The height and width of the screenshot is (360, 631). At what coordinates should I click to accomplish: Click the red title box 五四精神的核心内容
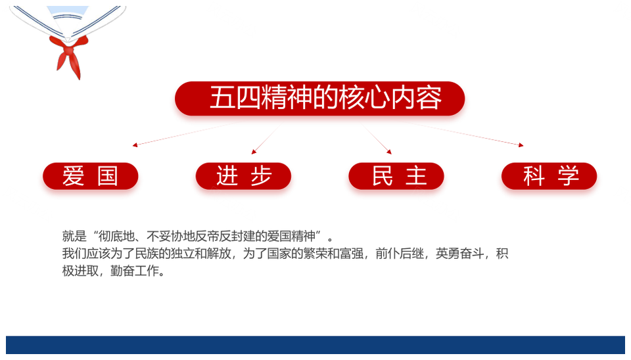[319, 99]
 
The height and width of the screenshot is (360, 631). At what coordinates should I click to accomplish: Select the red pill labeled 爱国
[91, 176]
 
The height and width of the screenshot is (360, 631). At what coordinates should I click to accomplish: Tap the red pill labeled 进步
[243, 176]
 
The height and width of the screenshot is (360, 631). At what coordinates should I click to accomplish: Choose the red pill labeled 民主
[396, 176]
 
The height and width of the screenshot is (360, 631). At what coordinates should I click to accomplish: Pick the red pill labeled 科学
[549, 176]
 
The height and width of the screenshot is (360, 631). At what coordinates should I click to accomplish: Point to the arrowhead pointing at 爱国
[135, 145]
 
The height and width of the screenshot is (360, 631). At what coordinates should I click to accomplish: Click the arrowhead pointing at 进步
[254, 152]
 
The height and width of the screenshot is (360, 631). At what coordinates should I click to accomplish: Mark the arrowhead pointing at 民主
[389, 152]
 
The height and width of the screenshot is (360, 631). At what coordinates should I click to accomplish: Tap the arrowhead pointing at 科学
[521, 145]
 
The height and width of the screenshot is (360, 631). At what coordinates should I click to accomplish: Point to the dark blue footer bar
[315, 345]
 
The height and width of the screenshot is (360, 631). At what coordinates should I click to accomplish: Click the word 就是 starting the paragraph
[74, 236]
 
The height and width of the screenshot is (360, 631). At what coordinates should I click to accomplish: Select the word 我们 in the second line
[74, 254]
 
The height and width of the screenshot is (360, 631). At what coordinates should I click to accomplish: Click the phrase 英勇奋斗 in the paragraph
[460, 254]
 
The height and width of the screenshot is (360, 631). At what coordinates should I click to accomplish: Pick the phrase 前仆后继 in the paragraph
[400, 254]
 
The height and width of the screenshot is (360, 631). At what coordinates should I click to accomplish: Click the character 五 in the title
[223, 98]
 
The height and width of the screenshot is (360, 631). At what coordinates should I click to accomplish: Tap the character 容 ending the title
[429, 98]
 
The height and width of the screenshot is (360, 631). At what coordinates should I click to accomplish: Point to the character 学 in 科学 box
[568, 176]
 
